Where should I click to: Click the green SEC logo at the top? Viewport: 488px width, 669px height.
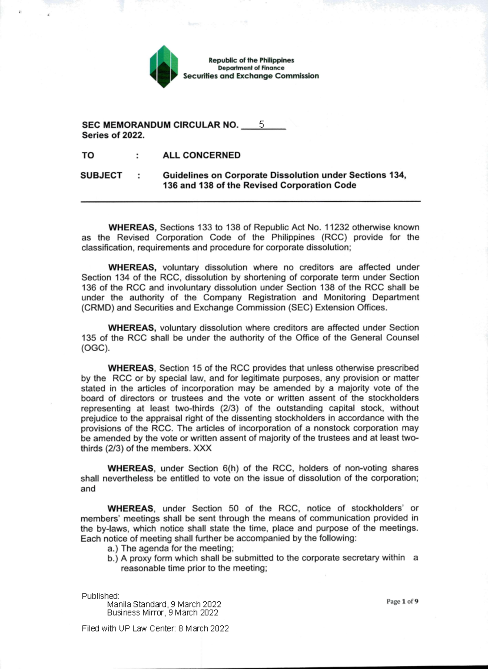pos(164,67)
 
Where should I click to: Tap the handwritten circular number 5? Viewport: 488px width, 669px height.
pos(261,125)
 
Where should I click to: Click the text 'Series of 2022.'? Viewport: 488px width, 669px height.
pos(113,135)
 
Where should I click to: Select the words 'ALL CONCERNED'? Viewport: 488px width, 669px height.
pos(201,155)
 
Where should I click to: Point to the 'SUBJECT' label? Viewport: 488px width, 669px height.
pos(101,175)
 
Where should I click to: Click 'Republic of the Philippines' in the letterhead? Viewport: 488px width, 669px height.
pos(251,60)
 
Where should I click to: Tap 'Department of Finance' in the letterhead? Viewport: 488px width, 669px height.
pos(251,68)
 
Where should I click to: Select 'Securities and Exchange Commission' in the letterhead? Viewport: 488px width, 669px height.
pos(251,76)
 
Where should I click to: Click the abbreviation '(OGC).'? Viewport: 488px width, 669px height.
pos(95,348)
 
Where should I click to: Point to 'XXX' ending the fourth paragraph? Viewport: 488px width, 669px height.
pos(202,448)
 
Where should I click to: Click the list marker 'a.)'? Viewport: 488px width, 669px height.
pos(113,548)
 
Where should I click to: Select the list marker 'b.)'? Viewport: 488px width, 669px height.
pos(113,558)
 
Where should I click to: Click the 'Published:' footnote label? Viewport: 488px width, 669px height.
pos(100,596)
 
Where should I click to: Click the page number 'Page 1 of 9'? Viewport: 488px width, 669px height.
pos(402,601)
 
